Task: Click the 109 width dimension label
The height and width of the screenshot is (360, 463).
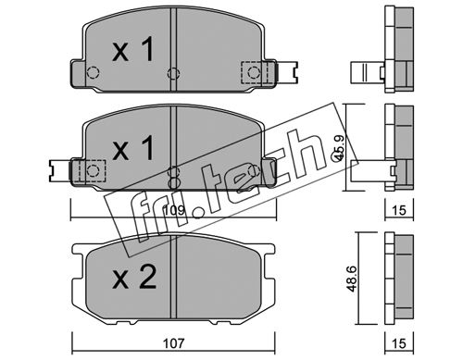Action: [174, 210]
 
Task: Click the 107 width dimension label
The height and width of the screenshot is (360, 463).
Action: [173, 342]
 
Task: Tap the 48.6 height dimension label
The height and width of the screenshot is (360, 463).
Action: [353, 279]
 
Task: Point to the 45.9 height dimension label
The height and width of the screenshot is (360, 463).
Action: [339, 148]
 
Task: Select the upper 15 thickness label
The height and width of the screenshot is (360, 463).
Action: [399, 210]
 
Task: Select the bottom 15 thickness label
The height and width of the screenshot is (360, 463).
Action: [399, 342]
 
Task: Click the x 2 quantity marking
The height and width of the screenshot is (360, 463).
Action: [134, 278]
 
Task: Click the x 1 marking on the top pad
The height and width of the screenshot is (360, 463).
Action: [133, 49]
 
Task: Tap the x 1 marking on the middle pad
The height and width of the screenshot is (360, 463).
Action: [133, 148]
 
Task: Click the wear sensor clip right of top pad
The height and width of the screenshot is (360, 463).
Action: [287, 72]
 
